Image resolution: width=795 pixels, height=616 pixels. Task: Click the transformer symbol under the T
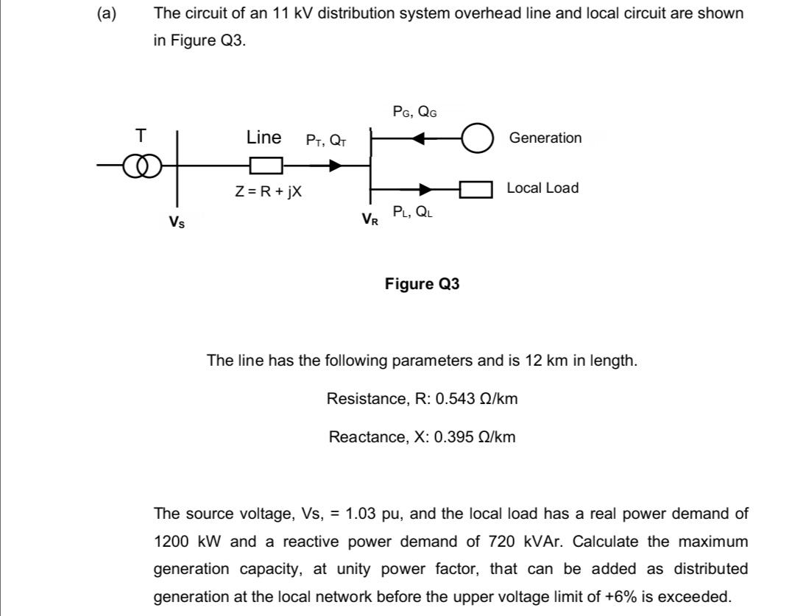pyautogui.click(x=140, y=166)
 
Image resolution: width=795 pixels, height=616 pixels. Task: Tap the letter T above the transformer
pyautogui.click(x=141, y=135)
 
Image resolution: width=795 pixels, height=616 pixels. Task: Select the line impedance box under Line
pyautogui.click(x=265, y=166)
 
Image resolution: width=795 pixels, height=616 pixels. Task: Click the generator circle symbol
pyautogui.click(x=477, y=138)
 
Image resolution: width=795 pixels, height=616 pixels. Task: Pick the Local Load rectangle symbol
pyautogui.click(x=476, y=190)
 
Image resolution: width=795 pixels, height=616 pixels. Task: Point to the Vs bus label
pyautogui.click(x=177, y=221)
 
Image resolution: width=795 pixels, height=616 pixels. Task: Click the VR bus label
pyautogui.click(x=370, y=219)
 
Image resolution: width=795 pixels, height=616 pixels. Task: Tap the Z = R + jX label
pyautogui.click(x=268, y=191)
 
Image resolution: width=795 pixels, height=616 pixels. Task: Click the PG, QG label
pyautogui.click(x=414, y=112)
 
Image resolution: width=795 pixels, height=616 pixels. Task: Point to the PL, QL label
pyautogui.click(x=412, y=213)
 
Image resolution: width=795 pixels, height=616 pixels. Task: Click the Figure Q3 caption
pyautogui.click(x=422, y=284)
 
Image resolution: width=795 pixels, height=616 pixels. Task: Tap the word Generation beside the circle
pyautogui.click(x=545, y=138)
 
